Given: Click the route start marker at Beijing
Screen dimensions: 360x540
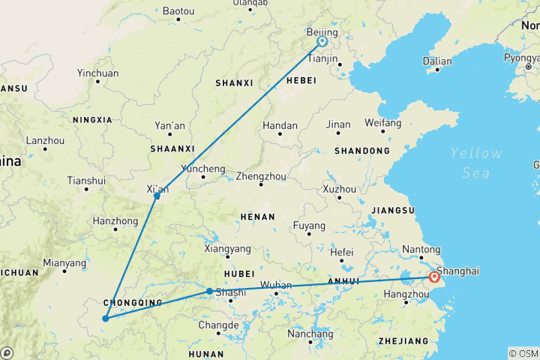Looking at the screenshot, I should [x=322, y=43].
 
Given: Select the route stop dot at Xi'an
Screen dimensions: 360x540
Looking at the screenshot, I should [x=157, y=196].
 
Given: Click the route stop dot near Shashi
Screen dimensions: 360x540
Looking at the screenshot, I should [x=209, y=291].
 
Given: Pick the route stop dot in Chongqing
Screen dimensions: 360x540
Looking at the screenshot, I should [x=105, y=319].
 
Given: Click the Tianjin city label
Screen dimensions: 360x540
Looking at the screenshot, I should [x=324, y=58].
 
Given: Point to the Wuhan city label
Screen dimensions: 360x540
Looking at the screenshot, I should [x=276, y=285].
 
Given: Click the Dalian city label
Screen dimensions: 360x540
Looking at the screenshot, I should [x=437, y=61].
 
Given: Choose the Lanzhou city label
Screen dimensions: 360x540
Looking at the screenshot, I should [x=45, y=140].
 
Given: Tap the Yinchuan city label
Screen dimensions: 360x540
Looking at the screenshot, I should [x=97, y=73].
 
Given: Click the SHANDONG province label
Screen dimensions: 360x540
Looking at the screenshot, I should [x=362, y=151].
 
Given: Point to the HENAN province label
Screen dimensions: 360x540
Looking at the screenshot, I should [x=257, y=216].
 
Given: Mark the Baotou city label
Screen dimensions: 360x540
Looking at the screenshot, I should [x=178, y=11].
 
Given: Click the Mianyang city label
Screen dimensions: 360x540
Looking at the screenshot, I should [x=64, y=263].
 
